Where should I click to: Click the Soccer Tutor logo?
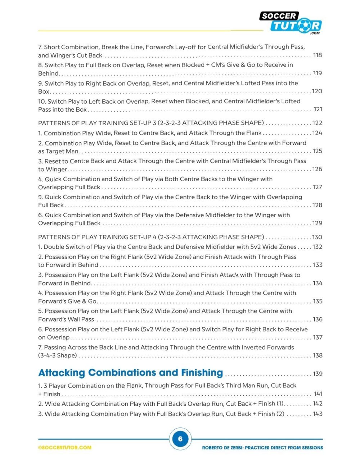pos(290,22)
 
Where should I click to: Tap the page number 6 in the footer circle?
pos(180,439)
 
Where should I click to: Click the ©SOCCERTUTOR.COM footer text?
pos(65,448)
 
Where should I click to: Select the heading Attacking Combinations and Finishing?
pos(131,373)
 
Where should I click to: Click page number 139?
pos(318,374)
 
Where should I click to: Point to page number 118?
pos(318,55)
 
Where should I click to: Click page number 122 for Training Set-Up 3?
pos(318,123)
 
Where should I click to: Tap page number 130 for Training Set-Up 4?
pos(317,237)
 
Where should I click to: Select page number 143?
pos(318,414)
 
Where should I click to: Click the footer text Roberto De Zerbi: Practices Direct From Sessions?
pos(262,448)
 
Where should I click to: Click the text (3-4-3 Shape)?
pos(58,355)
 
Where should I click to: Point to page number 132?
pos(318,247)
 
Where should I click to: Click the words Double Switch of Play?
pos(75,247)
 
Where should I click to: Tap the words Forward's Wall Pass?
pos(66,319)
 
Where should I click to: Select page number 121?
pos(318,109)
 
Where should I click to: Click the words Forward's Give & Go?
pos(68,301)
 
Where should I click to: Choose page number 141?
pos(318,394)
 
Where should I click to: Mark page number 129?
pos(318,223)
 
